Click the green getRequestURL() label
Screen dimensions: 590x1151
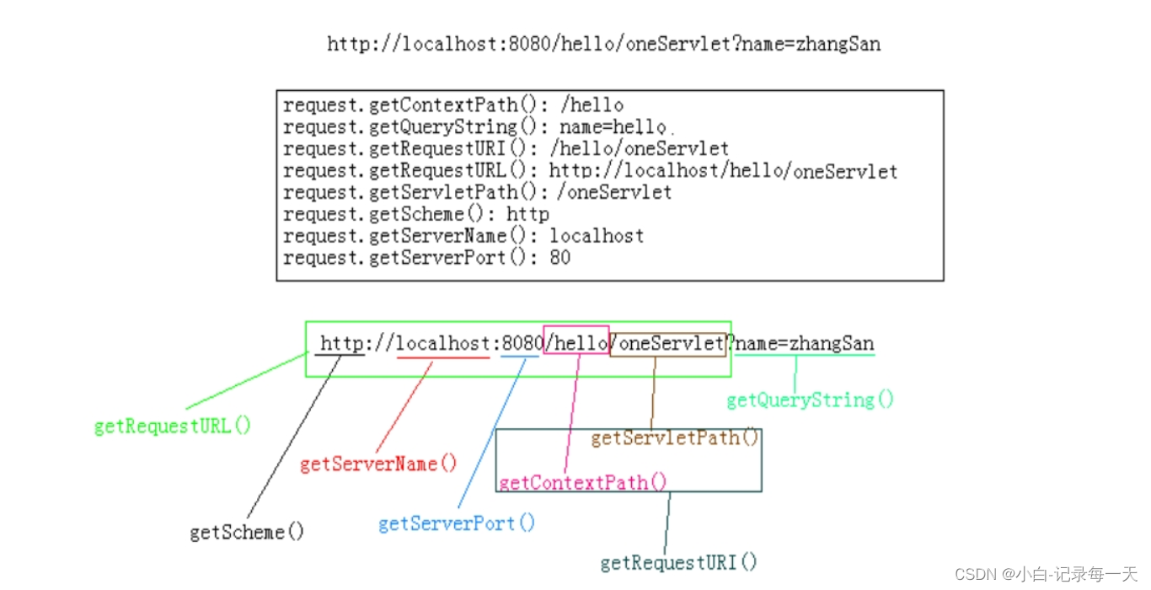click(x=173, y=426)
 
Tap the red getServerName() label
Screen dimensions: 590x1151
click(x=378, y=464)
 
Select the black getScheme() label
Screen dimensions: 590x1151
click(x=247, y=532)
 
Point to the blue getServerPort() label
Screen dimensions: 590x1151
click(x=457, y=523)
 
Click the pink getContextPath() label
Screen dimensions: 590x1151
click(x=582, y=483)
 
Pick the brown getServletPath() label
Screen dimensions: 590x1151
click(x=675, y=437)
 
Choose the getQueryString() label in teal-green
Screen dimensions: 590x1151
click(x=810, y=400)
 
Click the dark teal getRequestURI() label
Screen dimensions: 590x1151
click(x=678, y=562)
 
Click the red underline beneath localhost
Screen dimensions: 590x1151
click(x=443, y=357)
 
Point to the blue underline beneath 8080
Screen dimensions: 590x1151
click(x=519, y=357)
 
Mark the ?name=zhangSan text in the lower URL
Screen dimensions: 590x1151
click(x=801, y=344)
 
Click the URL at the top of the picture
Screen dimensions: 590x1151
click(x=603, y=44)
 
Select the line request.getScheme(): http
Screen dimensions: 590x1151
click(x=416, y=214)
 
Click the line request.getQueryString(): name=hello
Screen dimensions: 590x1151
click(x=475, y=127)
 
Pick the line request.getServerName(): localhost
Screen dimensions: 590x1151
click(x=463, y=236)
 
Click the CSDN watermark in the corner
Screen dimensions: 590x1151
click(x=1046, y=574)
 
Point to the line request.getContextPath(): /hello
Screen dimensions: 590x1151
click(x=453, y=105)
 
